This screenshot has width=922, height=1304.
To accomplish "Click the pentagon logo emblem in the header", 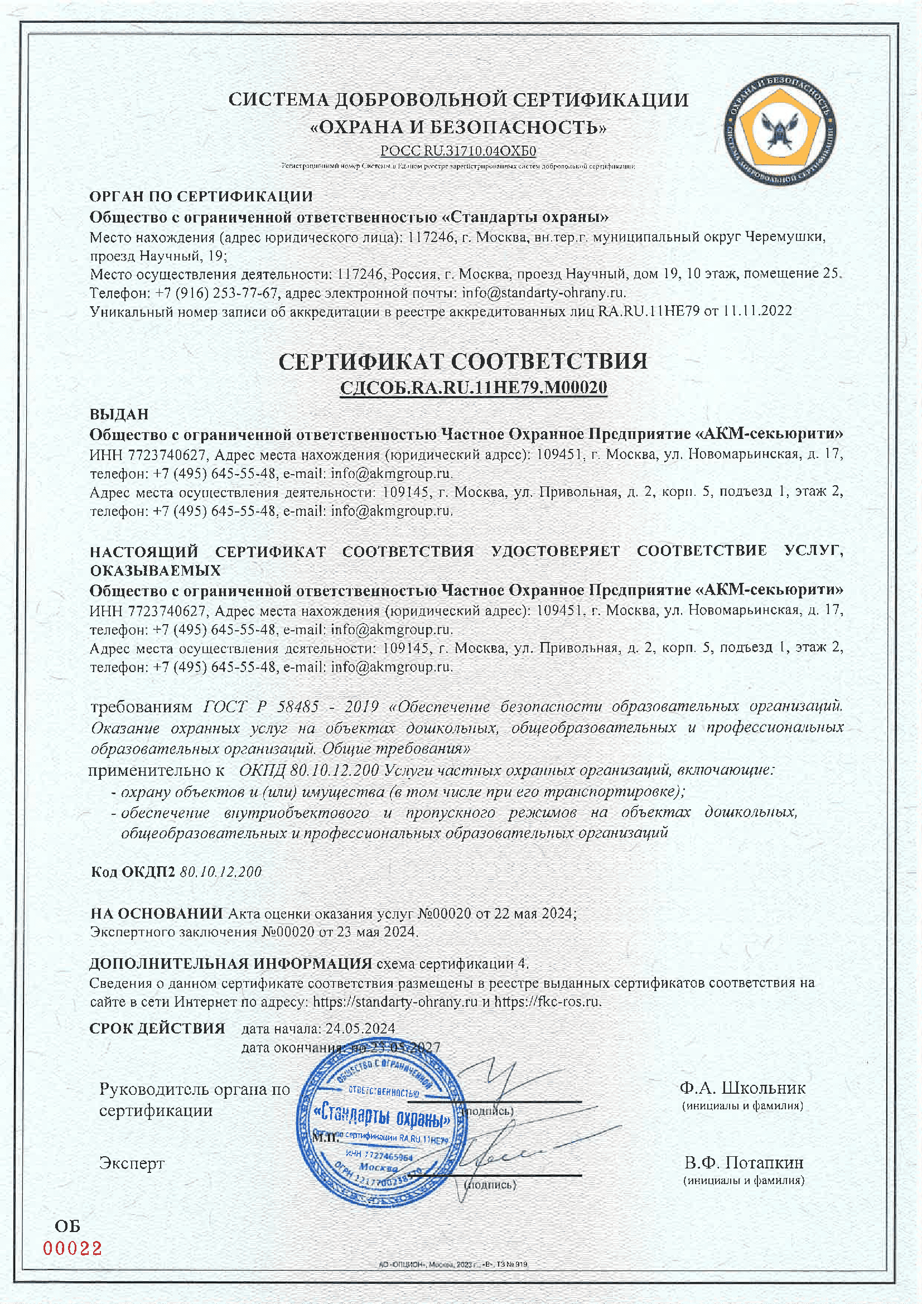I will tap(780, 131).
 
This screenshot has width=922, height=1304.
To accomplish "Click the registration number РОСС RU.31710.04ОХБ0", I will tap(458, 151).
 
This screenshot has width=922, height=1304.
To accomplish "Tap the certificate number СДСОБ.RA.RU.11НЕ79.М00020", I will tap(473, 388).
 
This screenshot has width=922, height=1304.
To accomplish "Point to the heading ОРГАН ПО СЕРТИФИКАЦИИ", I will tap(201, 196).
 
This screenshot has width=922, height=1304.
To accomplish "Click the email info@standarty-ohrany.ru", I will tap(543, 293).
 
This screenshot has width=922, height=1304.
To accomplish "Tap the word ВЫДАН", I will tap(119, 414).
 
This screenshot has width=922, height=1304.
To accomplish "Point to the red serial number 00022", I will tap(73, 1248).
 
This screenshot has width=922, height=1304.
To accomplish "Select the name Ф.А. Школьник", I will tap(742, 1088).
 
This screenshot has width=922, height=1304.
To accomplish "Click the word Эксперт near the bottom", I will tap(132, 1163).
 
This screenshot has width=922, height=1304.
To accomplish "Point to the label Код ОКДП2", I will tap(133, 872).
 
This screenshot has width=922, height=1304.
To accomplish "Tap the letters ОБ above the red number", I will tap(67, 1227).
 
